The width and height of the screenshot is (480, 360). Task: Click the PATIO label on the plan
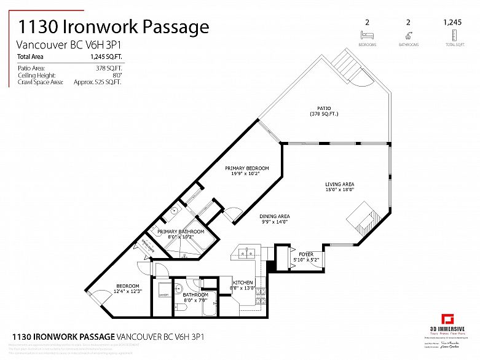(x=323, y=109)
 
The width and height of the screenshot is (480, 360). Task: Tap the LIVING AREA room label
(x=339, y=184)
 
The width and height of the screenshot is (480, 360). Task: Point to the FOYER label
(x=305, y=254)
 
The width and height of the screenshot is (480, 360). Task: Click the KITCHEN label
(x=242, y=283)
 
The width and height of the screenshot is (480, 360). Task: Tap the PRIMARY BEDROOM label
(x=246, y=168)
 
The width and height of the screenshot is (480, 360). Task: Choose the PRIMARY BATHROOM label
(x=181, y=232)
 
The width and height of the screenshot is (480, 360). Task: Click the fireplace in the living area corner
(x=361, y=219)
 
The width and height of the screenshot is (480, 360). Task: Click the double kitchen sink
(x=248, y=252)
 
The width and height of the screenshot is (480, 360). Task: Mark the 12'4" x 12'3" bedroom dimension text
(x=128, y=291)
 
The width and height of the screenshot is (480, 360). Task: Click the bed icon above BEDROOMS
(x=367, y=35)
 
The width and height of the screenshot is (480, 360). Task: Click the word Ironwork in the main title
(x=111, y=26)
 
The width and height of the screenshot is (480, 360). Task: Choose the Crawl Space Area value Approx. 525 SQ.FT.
(x=97, y=82)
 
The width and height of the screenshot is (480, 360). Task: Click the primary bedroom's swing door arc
(x=232, y=214)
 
